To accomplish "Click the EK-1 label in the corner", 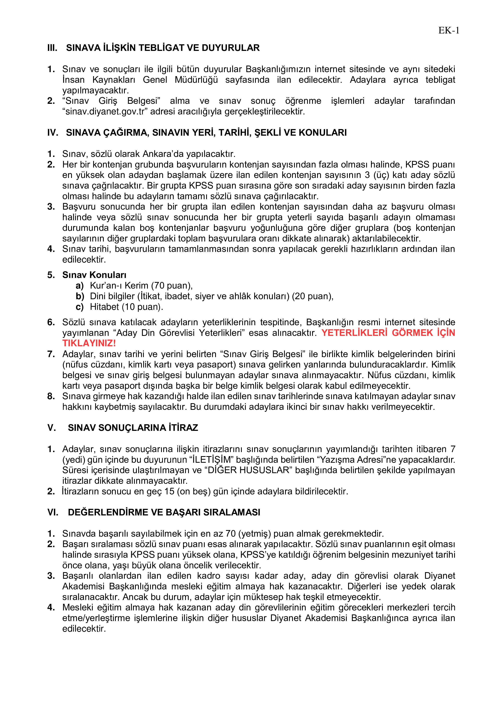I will click(449, 31).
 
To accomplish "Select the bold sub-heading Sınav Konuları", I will click(94, 275).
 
